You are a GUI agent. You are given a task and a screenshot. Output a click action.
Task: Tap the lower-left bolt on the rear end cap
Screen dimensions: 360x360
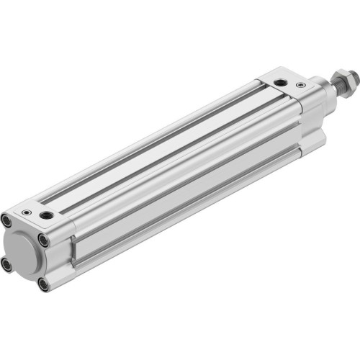(6, 264)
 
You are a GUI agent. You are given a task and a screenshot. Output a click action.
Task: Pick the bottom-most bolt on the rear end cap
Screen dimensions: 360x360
(43, 284)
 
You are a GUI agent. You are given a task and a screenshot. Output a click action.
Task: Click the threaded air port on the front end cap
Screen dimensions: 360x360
(278, 81)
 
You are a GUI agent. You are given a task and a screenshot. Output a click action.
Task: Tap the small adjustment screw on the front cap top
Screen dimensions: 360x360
(300, 85)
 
